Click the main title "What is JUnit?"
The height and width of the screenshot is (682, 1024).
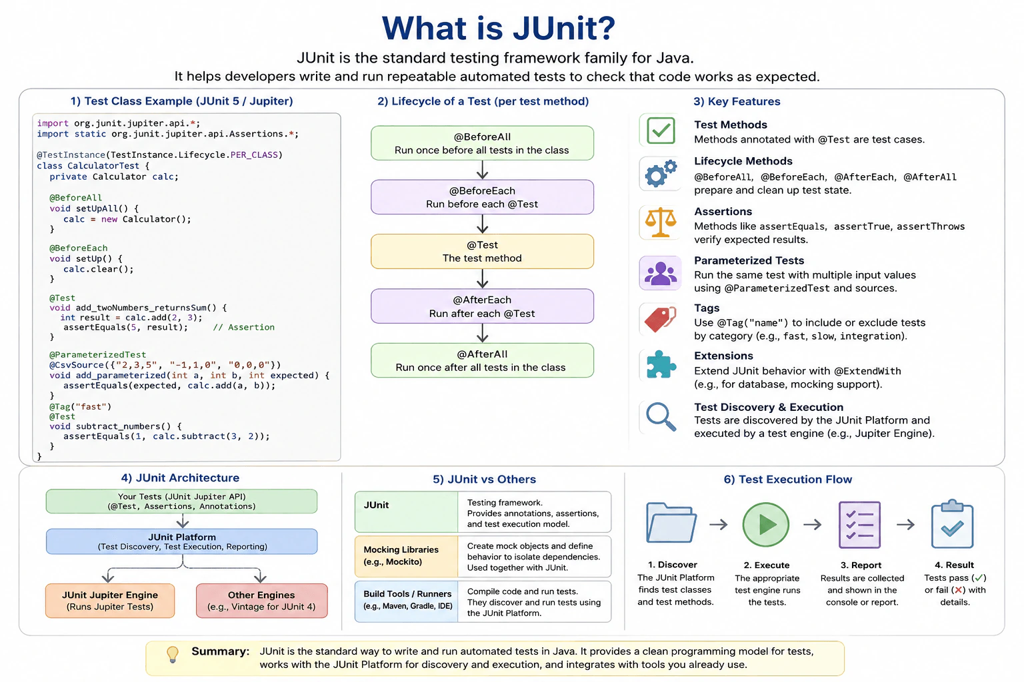pyautogui.click(x=498, y=29)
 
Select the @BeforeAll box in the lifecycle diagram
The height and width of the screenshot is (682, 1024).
pyautogui.click(x=482, y=143)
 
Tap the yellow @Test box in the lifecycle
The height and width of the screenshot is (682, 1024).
pyautogui.click(x=482, y=251)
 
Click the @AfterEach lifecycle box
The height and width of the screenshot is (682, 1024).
pyautogui.click(x=482, y=306)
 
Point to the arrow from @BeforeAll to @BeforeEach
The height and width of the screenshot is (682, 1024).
pyautogui.click(x=482, y=170)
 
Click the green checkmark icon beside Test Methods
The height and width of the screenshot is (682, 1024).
pyautogui.click(x=661, y=131)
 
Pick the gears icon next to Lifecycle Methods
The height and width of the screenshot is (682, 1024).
pyautogui.click(x=661, y=174)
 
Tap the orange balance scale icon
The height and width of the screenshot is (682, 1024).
pyautogui.click(x=661, y=222)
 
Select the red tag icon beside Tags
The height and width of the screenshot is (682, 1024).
pyautogui.click(x=660, y=319)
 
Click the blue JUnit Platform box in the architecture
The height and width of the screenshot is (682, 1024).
pyautogui.click(x=182, y=541)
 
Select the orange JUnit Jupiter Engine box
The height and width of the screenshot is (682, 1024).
pyautogui.click(x=110, y=601)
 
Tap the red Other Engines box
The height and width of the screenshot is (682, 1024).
pyautogui.click(x=262, y=601)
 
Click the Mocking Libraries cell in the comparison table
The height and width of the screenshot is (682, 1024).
pyautogui.click(x=407, y=556)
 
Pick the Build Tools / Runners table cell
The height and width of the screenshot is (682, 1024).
pyautogui.click(x=407, y=601)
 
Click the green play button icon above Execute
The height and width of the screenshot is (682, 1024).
pyautogui.click(x=766, y=524)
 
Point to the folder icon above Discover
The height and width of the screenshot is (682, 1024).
pyautogui.click(x=671, y=523)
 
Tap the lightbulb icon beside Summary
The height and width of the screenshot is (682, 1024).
pyautogui.click(x=173, y=654)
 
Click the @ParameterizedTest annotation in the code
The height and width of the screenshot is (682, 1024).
pyautogui.click(x=98, y=354)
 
